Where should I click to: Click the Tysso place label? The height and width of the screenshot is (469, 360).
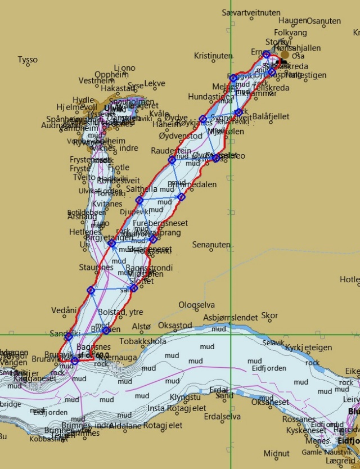(28, 60)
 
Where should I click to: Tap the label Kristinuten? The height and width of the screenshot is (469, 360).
(213, 56)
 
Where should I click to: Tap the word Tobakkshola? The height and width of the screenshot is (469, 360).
(143, 341)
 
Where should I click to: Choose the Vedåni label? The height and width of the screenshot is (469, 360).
(64, 310)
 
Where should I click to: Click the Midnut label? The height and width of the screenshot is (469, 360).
(276, 453)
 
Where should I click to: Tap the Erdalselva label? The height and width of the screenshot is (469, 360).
(223, 417)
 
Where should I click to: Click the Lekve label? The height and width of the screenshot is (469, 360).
(155, 84)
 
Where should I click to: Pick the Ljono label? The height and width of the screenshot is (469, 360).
(124, 68)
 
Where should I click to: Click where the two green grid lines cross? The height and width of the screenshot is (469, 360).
(231, 335)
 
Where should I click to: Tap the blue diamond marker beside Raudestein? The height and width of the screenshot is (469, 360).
(172, 160)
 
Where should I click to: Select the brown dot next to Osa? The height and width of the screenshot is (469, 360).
(285, 55)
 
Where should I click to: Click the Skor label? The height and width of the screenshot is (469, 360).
(270, 315)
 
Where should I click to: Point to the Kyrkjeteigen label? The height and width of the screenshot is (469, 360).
(309, 348)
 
